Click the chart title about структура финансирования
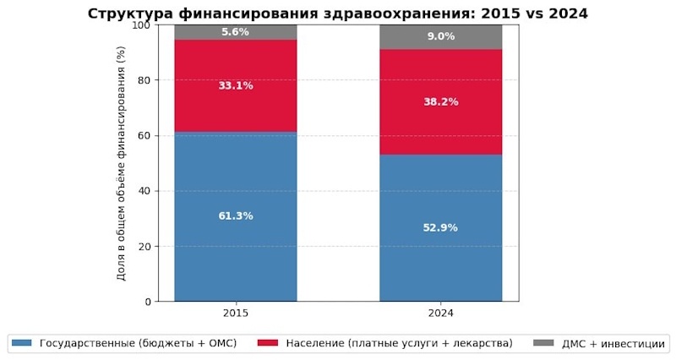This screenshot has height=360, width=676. tap(338, 13)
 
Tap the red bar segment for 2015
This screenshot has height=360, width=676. tap(236, 106)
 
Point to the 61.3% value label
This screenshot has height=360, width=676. tap(236, 215)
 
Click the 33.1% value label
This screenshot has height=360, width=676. tap(236, 85)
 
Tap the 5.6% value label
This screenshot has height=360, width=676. tap(236, 32)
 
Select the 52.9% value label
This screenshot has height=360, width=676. tap(440, 227)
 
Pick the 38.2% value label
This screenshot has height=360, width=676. tap(440, 101)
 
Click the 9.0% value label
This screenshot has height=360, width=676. tap(440, 36)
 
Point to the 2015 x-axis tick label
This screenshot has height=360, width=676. tap(236, 313)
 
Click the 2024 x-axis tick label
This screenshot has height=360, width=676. tap(440, 313)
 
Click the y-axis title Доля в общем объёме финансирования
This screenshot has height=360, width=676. tap(122, 163)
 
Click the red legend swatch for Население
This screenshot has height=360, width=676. tap(267, 343)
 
